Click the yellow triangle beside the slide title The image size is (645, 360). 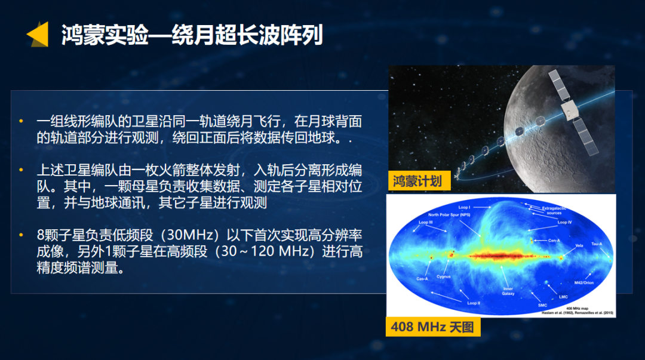tap(37, 34)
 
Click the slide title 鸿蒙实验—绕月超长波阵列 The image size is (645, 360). tap(192, 35)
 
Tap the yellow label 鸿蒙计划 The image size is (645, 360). tap(417, 181)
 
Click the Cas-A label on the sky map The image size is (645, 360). tap(422, 279)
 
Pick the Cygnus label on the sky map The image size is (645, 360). tap(443, 276)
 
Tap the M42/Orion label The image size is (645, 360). tap(583, 282)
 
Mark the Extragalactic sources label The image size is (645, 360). tap(554, 210)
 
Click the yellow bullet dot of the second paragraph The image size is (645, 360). tap(22, 170)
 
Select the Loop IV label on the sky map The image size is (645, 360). tap(565, 222)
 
